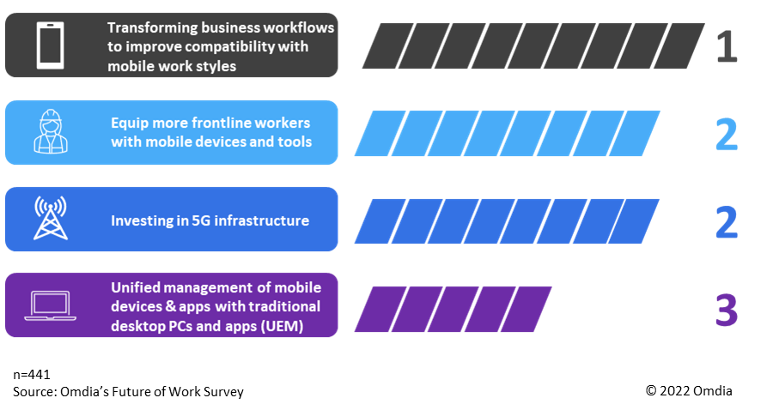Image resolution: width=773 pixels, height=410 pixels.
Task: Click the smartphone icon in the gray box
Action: [51, 45]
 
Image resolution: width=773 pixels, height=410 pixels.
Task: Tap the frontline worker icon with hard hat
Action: [50, 131]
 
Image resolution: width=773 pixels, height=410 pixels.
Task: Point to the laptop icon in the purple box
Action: [50, 305]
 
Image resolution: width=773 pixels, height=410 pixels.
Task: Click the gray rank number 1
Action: [726, 46]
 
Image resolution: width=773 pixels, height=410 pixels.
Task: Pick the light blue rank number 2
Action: [726, 134]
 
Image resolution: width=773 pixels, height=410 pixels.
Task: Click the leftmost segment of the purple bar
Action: [374, 309]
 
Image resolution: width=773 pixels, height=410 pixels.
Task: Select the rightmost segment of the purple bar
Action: [531, 309]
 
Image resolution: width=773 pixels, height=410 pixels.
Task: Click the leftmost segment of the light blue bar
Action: [374, 134]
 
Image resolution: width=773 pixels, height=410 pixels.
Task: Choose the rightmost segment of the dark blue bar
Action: [639, 221]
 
